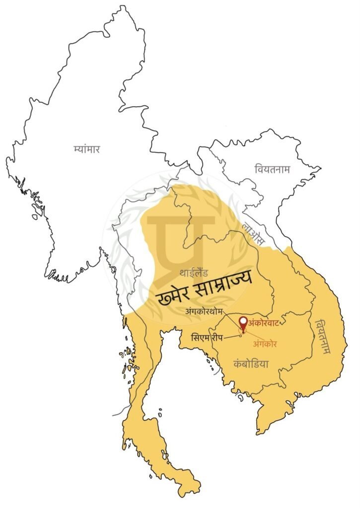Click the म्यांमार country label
[86, 148]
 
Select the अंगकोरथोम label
[206, 312]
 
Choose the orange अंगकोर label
[265, 343]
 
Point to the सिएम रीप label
[207, 337]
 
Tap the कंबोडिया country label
[251, 364]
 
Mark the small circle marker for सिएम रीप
[241, 335]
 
